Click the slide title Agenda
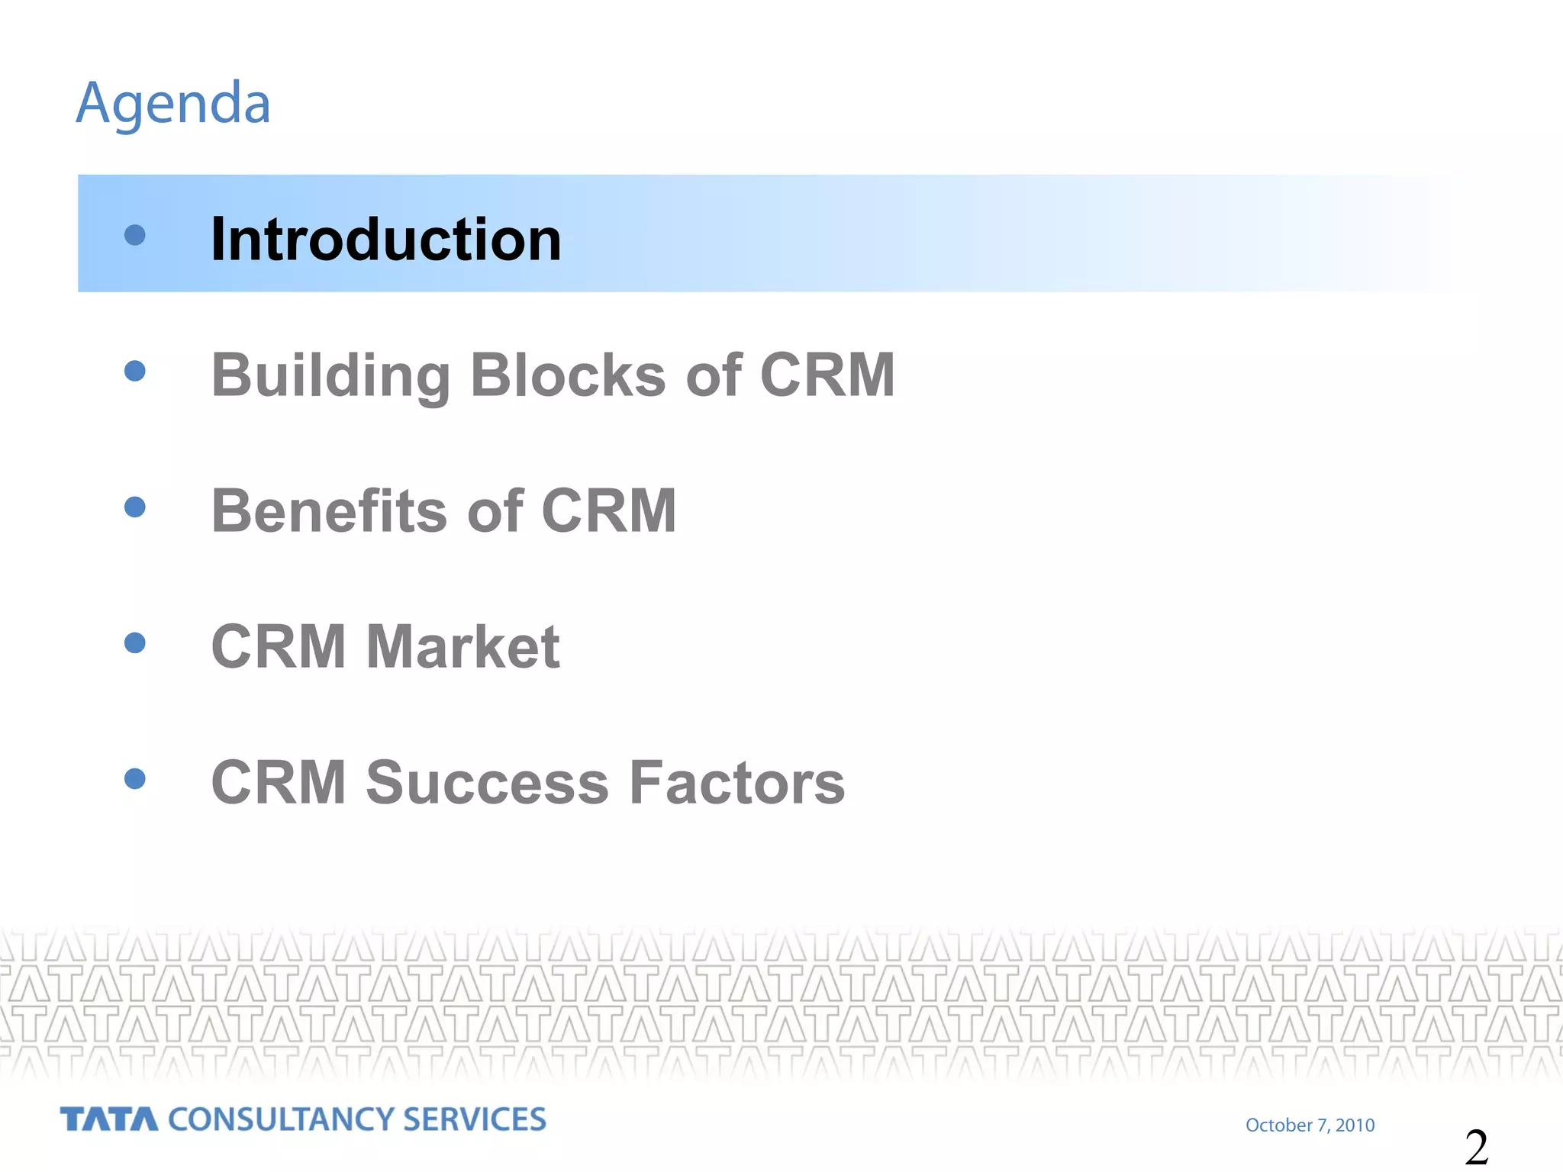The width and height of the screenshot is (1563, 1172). coord(173,103)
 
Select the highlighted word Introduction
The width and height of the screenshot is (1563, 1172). coord(385,240)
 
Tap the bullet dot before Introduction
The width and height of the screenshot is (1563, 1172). coord(134,234)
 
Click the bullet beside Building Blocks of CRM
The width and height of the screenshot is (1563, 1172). coord(134,371)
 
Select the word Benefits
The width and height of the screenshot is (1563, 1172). coord(330,510)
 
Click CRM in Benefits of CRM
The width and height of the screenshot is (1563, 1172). coord(608,510)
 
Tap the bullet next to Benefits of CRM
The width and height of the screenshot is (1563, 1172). coord(134,507)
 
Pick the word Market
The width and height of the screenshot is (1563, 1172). coord(462,646)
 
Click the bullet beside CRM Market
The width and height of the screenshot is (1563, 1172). coord(134,642)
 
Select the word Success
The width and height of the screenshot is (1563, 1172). coord(487,782)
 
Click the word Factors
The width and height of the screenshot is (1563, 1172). coord(737,782)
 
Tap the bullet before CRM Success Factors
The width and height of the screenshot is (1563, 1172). coord(134,778)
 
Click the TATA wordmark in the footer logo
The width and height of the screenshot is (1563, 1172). coord(109,1119)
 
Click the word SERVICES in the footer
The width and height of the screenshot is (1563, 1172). coord(474,1119)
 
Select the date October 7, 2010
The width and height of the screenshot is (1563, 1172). coord(1310,1125)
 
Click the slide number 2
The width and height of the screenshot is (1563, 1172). coord(1476,1147)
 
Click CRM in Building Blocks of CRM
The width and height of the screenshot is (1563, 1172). coord(827,375)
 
